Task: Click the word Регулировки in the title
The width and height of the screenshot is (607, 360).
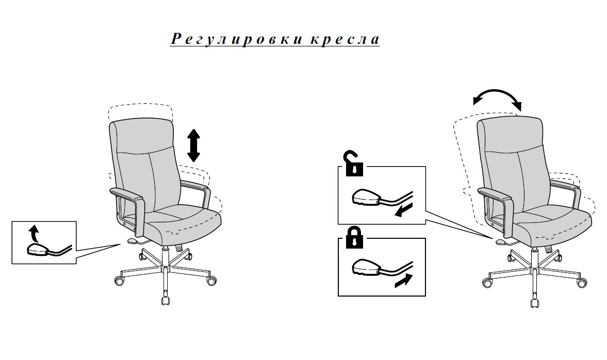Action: click(237, 40)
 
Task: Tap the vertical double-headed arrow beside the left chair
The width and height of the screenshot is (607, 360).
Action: click(193, 145)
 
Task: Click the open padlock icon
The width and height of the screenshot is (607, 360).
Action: click(354, 165)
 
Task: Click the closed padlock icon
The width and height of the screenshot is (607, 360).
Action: click(354, 237)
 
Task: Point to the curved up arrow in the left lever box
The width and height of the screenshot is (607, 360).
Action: click(34, 233)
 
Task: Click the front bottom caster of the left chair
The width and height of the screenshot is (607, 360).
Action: click(166, 299)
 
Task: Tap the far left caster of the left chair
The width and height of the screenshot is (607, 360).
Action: click(120, 281)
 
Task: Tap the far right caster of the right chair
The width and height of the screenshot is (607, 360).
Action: click(581, 283)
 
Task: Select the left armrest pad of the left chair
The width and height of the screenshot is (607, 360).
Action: click(126, 194)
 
